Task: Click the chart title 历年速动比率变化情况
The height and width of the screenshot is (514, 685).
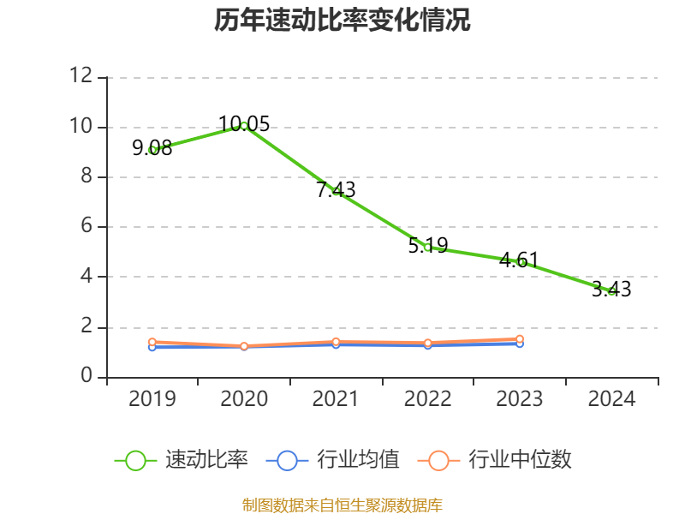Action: click(x=342, y=20)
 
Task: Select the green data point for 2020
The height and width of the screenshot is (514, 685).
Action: click(x=244, y=126)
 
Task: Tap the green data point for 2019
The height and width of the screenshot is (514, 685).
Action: click(x=152, y=150)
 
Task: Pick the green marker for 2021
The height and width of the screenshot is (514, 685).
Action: click(x=336, y=191)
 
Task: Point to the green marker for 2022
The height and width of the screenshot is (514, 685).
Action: click(x=427, y=247)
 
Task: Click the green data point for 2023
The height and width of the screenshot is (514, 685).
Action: click(x=520, y=261)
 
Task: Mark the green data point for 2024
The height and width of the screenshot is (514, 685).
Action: click(x=611, y=291)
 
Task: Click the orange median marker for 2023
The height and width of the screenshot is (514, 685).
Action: click(x=520, y=339)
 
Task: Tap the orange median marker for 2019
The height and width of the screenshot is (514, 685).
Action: click(x=152, y=342)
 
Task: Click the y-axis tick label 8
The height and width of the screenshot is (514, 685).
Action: click(x=86, y=176)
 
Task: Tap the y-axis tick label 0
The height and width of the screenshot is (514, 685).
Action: click(x=86, y=376)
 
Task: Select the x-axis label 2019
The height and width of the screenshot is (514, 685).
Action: click(x=152, y=399)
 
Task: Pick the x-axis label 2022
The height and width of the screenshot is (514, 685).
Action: click(x=427, y=399)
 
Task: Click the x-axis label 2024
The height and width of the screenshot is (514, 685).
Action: click(x=611, y=399)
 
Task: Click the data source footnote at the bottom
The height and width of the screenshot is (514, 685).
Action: click(x=342, y=505)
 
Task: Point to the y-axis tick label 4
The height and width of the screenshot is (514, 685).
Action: click(x=86, y=277)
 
